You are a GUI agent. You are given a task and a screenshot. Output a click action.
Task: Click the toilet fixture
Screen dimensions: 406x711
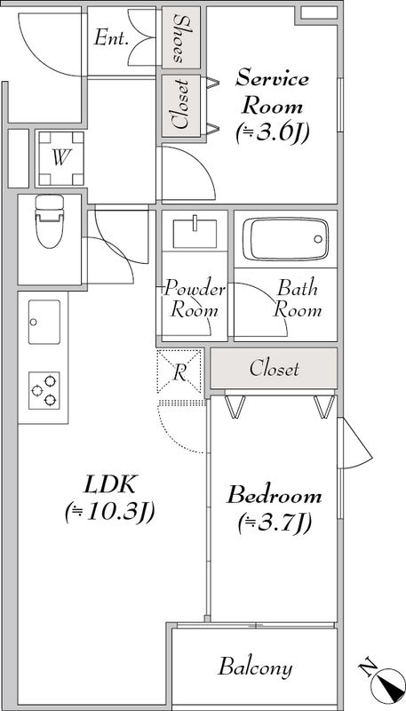point(50,221)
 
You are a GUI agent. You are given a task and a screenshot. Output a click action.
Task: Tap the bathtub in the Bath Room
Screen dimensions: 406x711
point(285,239)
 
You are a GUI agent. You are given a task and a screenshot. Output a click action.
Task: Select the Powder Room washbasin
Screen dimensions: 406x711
point(195,232)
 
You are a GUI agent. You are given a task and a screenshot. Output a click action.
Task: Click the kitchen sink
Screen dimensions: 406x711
point(44,322)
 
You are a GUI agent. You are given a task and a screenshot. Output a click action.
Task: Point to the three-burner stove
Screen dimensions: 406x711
point(44,390)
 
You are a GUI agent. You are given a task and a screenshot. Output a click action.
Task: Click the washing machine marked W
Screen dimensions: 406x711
point(61,159)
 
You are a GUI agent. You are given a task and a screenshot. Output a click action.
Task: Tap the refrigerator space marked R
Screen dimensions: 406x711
point(179,371)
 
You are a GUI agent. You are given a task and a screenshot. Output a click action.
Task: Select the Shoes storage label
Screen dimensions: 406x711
point(181,39)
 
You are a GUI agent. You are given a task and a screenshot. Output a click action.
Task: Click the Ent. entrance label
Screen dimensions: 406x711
point(111,38)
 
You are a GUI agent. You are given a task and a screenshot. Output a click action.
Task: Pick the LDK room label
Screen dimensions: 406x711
point(109,485)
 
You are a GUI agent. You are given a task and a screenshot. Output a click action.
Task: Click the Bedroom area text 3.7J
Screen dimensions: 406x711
point(275,523)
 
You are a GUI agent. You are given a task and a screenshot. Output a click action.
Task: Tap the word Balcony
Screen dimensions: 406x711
point(255,667)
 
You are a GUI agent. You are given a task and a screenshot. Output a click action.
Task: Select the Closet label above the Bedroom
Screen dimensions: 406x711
point(275,368)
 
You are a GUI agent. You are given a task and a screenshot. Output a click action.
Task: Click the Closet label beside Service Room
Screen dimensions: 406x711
point(181,105)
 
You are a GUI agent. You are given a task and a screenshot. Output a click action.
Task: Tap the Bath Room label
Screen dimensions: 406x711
point(298,300)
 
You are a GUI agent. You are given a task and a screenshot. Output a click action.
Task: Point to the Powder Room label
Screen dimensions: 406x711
point(194,300)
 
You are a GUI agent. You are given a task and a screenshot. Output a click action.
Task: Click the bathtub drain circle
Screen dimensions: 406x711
point(318,239)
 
